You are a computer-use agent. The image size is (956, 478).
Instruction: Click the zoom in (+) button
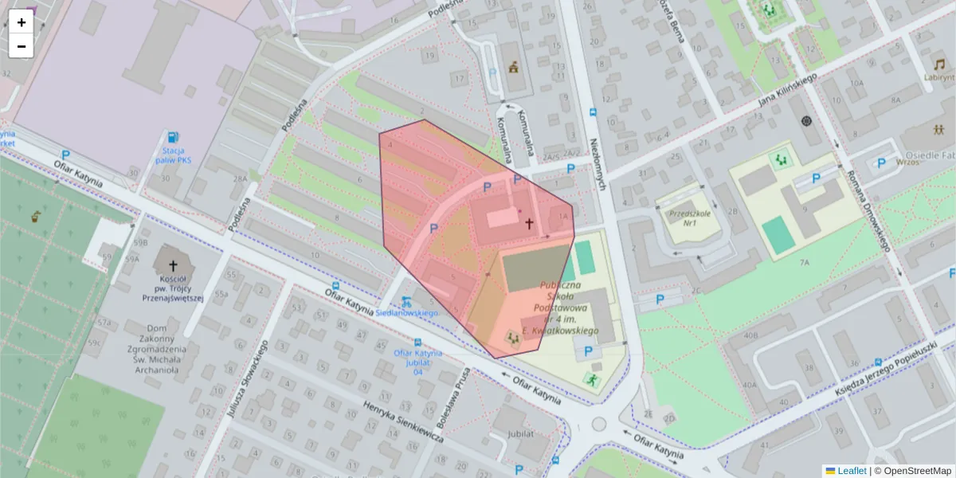[x=22, y=22]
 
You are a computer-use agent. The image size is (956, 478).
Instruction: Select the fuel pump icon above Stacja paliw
[x=174, y=137]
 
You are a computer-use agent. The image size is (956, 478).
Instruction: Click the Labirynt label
[x=939, y=77]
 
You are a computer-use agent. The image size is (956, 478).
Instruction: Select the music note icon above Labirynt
[x=939, y=63]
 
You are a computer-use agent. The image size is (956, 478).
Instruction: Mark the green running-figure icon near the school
[x=592, y=379]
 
